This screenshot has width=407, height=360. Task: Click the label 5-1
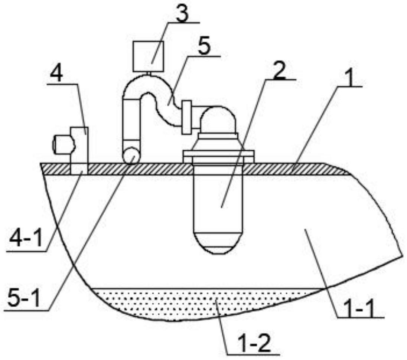pyautogui.click(x=23, y=297)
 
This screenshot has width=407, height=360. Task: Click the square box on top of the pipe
pyautogui.click(x=148, y=56)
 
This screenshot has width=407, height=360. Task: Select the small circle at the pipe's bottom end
pyautogui.click(x=131, y=156)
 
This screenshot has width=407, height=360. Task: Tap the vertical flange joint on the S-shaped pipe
pyautogui.click(x=186, y=117)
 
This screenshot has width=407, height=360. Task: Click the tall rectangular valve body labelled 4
pyautogui.click(x=79, y=145)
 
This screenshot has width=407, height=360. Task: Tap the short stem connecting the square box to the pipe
pyautogui.click(x=148, y=73)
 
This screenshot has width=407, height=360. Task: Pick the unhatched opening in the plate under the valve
pyautogui.click(x=79, y=169)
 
